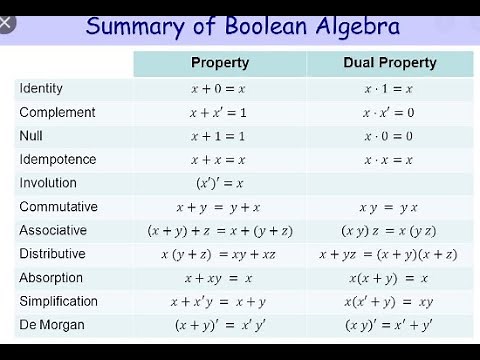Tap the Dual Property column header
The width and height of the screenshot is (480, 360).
pyautogui.click(x=391, y=63)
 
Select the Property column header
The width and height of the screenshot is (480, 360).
pyautogui.click(x=219, y=63)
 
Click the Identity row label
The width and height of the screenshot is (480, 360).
pyautogui.click(x=42, y=89)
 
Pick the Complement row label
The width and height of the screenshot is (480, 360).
pyautogui.click(x=58, y=113)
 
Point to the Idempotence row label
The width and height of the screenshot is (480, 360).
pyautogui.click(x=58, y=160)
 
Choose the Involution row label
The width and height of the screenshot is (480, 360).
pyautogui.click(x=49, y=183)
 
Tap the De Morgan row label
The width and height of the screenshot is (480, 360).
pyautogui.click(x=51, y=325)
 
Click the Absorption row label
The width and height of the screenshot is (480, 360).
pyautogui.click(x=51, y=278)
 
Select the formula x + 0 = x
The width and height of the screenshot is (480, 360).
pyautogui.click(x=218, y=89)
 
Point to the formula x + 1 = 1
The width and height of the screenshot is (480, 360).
pyautogui.click(x=218, y=137)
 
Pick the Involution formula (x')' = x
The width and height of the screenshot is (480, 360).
pyautogui.click(x=218, y=183)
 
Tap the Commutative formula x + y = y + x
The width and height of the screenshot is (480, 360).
pyautogui.click(x=218, y=207)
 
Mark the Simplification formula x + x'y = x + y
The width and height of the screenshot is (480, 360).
pyautogui.click(x=218, y=302)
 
